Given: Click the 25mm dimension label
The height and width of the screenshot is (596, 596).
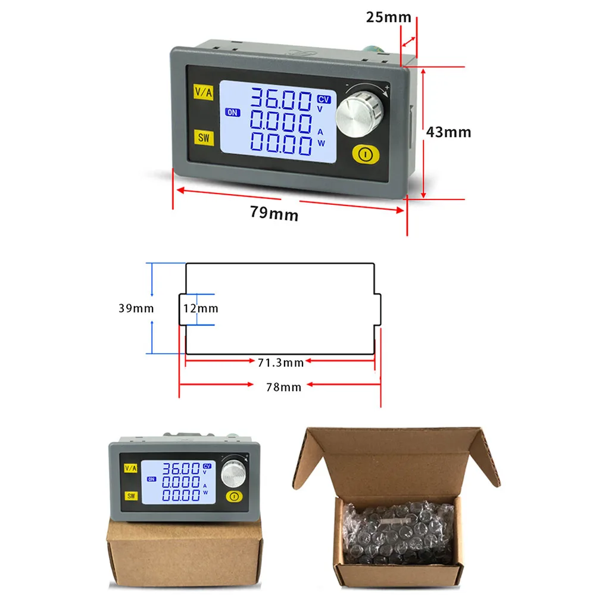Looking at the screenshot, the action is (x=388, y=17).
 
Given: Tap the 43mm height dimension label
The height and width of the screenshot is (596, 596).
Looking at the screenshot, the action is (x=448, y=132).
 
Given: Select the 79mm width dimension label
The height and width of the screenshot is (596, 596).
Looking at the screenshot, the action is (x=274, y=213).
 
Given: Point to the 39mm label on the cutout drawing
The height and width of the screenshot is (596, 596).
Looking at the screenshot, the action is (x=136, y=308).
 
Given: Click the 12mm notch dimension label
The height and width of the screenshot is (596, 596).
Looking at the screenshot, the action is (x=201, y=308).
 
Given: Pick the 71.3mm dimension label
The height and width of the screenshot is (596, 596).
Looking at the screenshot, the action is (x=280, y=362).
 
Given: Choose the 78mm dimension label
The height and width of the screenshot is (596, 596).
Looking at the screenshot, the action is (x=283, y=387).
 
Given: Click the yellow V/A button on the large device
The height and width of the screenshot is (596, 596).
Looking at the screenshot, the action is (x=202, y=92).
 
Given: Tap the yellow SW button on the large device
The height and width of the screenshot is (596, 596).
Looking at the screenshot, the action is (x=204, y=138).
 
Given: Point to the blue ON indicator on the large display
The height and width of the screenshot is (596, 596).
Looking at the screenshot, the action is (x=232, y=112).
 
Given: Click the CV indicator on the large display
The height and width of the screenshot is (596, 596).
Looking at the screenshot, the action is (x=323, y=99).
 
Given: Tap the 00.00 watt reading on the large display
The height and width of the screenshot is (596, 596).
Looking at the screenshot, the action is (x=280, y=145).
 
